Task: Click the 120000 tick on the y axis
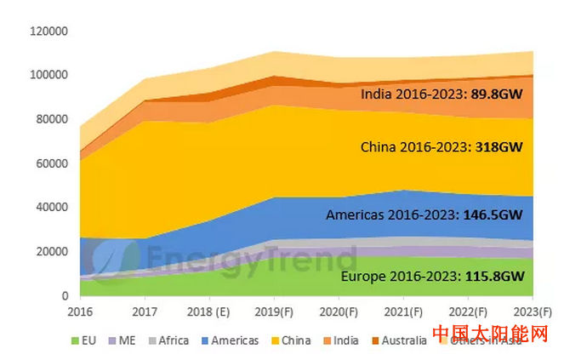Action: coord(50,31)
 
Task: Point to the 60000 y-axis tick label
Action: coord(53,163)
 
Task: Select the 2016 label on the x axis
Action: coord(82,311)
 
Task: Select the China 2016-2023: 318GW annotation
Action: coord(441,146)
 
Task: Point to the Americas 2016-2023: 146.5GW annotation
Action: coord(424,216)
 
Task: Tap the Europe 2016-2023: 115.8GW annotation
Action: coord(430,277)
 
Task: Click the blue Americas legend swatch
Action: coord(204,340)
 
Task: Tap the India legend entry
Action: coord(340,340)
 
